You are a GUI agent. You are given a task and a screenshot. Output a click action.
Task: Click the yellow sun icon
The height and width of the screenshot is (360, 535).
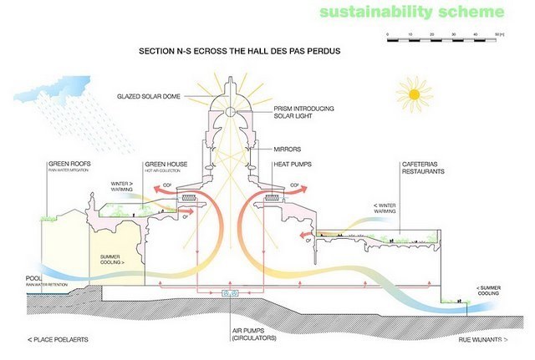point(410,94)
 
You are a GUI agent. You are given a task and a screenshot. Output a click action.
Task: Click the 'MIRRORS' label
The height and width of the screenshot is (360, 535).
point(287,149)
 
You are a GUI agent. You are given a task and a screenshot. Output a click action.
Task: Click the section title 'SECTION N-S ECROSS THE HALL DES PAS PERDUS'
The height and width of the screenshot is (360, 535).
point(239,50)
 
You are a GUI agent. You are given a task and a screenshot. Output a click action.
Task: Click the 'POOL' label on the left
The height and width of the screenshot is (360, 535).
point(34,278)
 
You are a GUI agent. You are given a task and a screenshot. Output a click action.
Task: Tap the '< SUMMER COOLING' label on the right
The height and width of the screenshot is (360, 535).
point(489,289)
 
